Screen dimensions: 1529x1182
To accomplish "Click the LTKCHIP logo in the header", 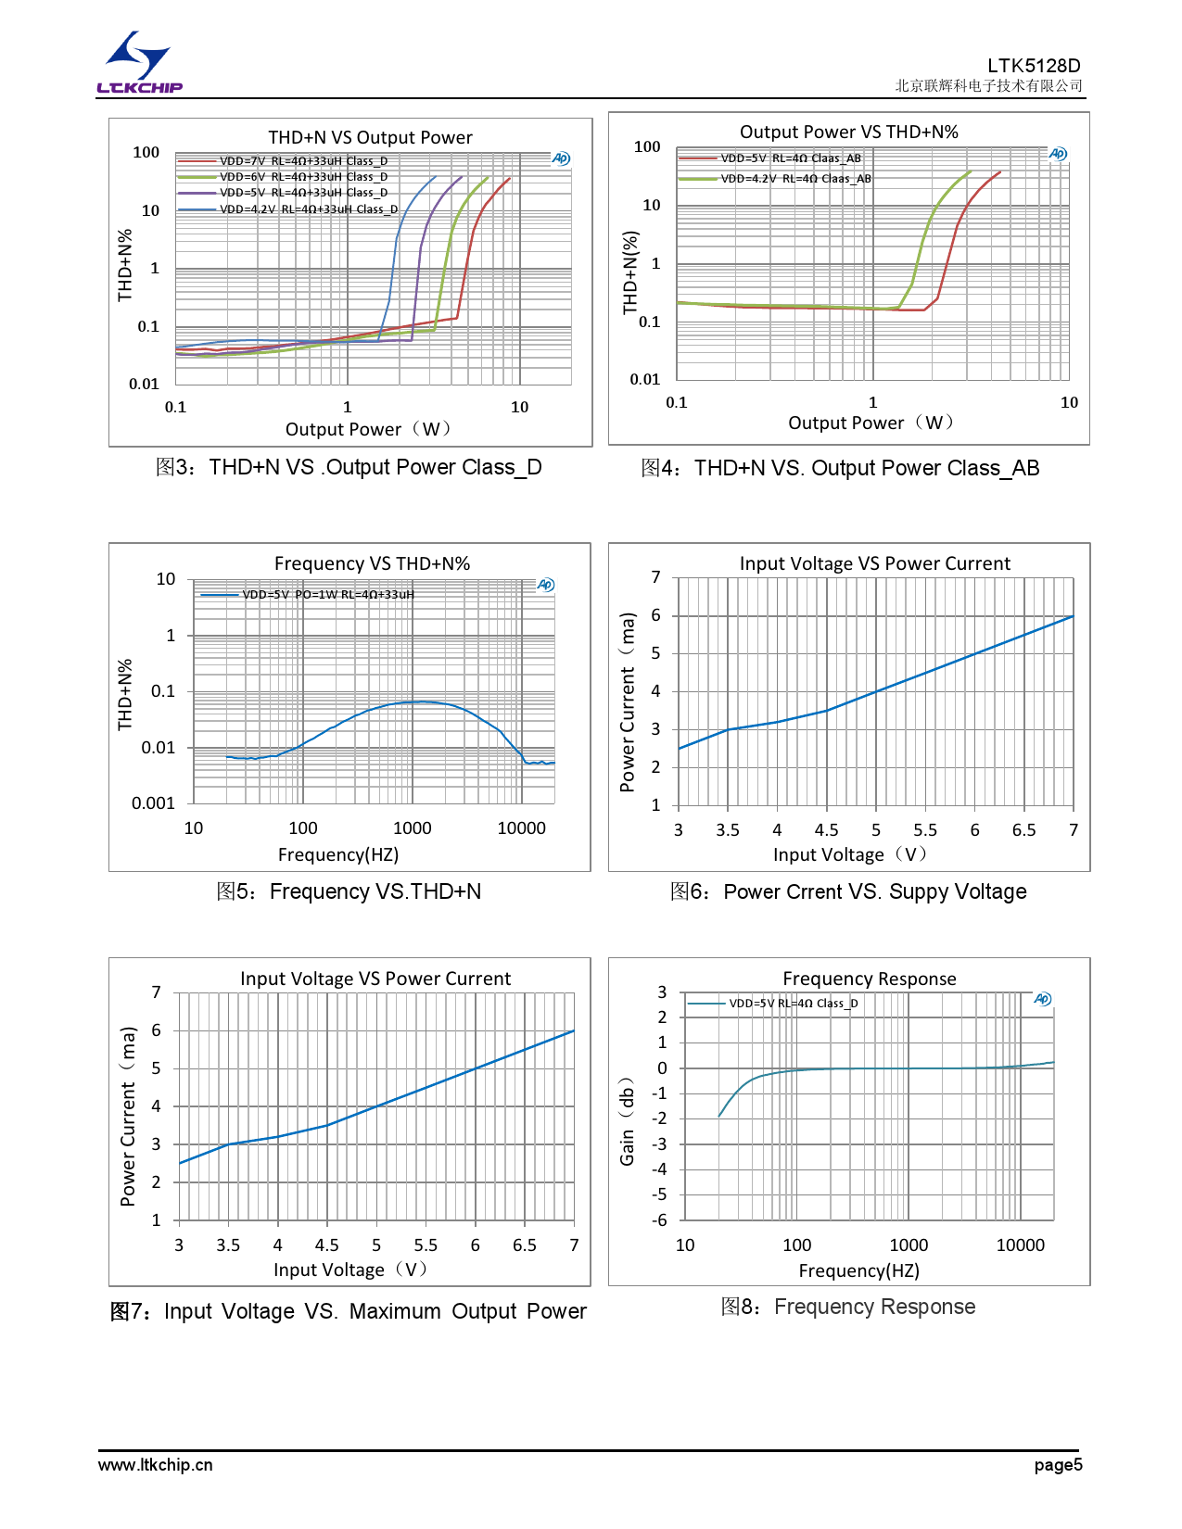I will tap(140, 63).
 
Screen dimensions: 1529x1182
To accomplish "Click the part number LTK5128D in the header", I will tap(1033, 66).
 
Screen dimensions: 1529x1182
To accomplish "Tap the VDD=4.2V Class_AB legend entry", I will tap(795, 179).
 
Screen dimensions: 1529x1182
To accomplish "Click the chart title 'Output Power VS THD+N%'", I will tap(848, 132).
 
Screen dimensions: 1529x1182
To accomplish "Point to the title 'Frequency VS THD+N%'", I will tap(372, 563).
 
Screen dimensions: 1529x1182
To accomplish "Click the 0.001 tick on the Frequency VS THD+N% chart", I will tap(153, 803).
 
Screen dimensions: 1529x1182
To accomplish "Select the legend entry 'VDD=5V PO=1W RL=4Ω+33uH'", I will tap(327, 595).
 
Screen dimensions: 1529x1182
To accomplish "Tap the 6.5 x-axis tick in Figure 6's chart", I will tap(1023, 830).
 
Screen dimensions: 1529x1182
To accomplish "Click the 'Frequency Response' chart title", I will tap(869, 979).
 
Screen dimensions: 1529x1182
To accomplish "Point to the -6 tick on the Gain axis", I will tap(659, 1220).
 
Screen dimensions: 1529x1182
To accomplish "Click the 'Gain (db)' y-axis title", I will tap(628, 1121).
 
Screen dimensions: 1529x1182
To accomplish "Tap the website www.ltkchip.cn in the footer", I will tap(156, 1465).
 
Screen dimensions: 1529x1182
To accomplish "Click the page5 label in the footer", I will tap(1058, 1465).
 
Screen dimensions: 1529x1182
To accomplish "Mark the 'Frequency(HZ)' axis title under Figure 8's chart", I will tap(858, 1270).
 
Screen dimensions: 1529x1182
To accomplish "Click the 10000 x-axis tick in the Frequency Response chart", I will tap(1020, 1245).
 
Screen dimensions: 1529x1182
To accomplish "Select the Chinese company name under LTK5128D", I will tap(988, 86).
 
